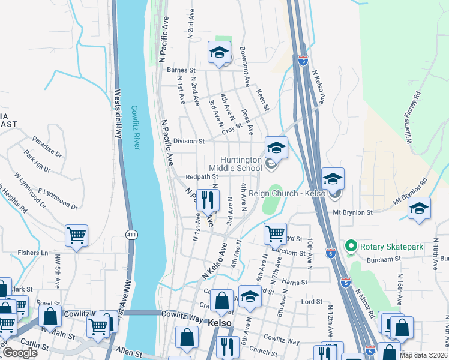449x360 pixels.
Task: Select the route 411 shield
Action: click(131, 234)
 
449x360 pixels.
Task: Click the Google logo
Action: click(20, 353)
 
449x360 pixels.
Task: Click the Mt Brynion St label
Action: click(354, 212)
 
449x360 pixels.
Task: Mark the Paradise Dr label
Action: click(47, 145)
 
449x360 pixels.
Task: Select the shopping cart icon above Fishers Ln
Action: click(77, 235)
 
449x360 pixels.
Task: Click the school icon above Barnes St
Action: click(219, 53)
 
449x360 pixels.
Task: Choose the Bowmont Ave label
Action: click(245, 65)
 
